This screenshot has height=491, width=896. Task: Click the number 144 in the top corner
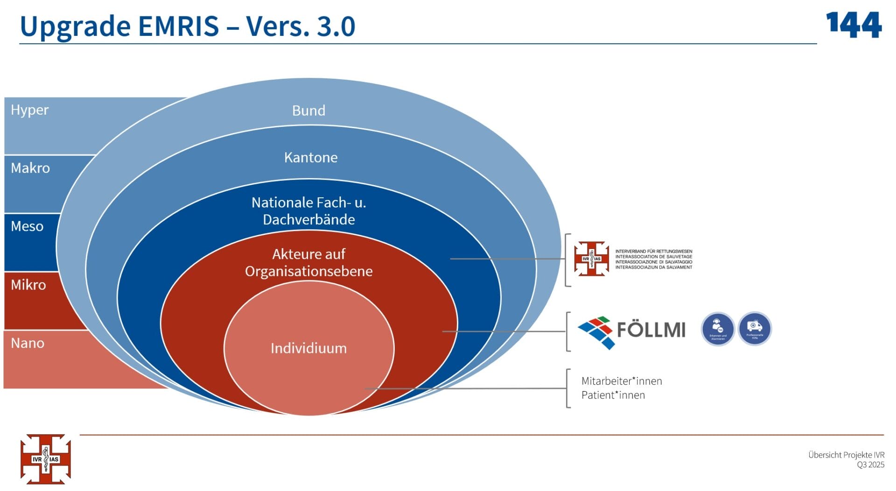tap(854, 25)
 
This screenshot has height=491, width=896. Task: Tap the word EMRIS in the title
tap(178, 26)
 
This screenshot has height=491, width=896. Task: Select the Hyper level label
tap(29, 110)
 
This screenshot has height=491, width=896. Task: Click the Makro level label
tap(30, 168)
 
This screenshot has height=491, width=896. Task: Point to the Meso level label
tap(27, 226)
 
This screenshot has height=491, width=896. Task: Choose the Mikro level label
tap(28, 284)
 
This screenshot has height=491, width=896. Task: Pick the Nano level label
tap(28, 343)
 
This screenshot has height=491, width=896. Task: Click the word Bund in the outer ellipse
tap(308, 111)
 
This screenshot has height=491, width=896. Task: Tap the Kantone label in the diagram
tap(311, 157)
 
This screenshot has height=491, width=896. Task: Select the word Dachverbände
tap(308, 220)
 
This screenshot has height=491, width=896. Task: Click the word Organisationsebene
tap(308, 271)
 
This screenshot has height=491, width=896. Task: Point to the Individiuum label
tap(308, 348)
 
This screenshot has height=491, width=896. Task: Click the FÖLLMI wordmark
tap(651, 330)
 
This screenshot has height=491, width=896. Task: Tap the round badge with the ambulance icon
tap(755, 329)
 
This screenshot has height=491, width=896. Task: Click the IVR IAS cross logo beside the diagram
tap(591, 259)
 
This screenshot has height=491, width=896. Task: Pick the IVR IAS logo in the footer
tap(45, 459)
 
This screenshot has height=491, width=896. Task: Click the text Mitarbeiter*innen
tap(622, 381)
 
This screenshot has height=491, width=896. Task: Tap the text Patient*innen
tap(613, 395)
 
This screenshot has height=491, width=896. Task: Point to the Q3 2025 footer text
tap(870, 464)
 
